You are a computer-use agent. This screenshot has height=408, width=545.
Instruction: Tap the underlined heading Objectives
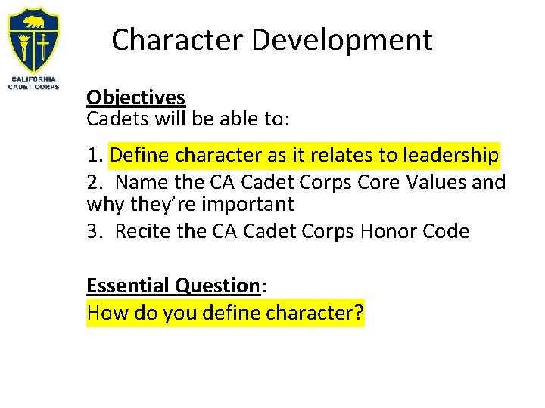135,98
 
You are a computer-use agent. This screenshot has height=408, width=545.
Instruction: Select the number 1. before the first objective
95,156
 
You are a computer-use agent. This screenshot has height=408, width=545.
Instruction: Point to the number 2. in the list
95,183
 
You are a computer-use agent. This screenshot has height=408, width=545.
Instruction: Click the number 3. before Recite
95,231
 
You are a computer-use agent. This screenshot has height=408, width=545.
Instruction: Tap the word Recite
142,231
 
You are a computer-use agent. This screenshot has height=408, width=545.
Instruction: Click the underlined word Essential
128,286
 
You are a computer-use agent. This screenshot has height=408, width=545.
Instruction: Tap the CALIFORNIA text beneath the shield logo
33,78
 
